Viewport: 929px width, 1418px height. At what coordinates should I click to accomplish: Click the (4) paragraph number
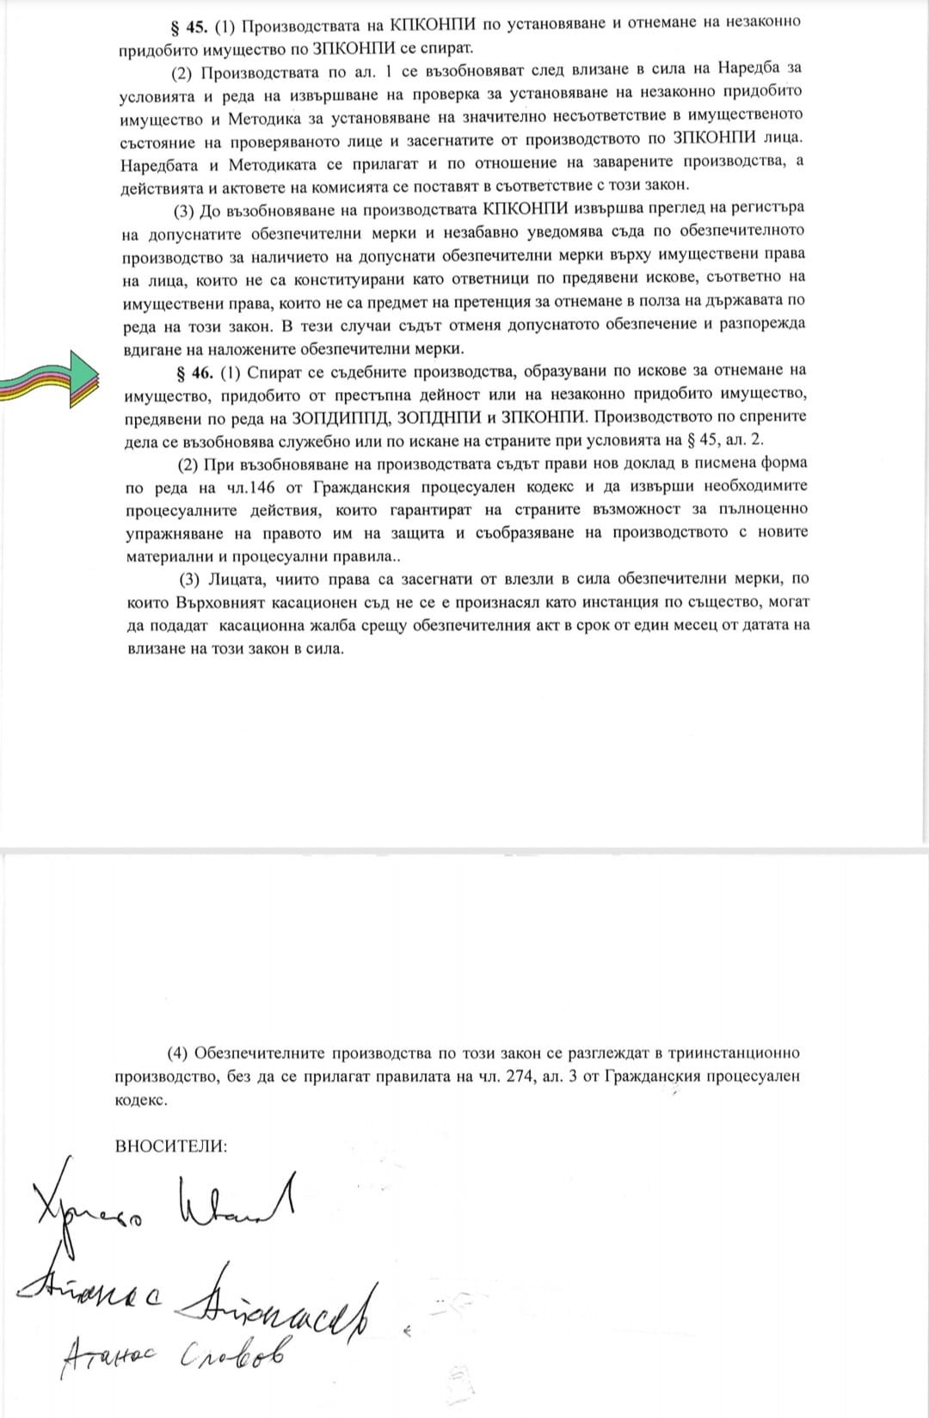[177, 1053]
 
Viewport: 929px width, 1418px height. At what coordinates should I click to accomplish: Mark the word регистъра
[763, 207]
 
